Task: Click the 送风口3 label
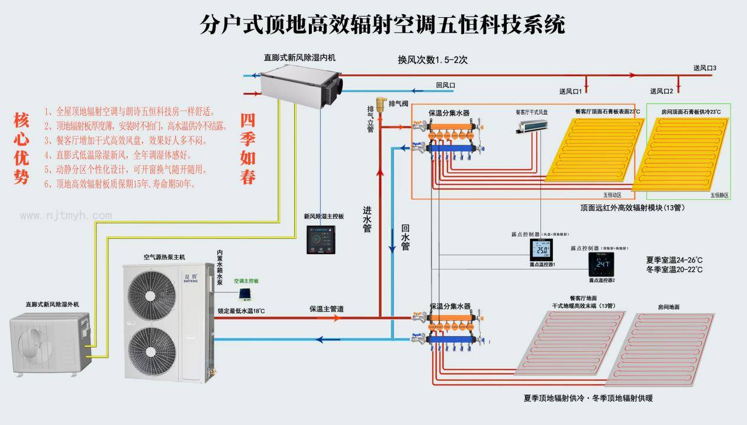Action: click(x=705, y=69)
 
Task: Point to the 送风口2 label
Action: click(x=662, y=91)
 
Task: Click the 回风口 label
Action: click(x=445, y=85)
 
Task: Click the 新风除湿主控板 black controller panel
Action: click(x=321, y=239)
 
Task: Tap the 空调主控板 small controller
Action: click(x=244, y=293)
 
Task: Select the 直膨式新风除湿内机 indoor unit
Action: click(x=300, y=83)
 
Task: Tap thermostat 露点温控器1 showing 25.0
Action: click(x=541, y=251)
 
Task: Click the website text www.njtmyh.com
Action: click(x=66, y=216)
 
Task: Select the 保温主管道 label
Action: click(x=327, y=309)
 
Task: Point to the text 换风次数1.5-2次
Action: click(x=433, y=60)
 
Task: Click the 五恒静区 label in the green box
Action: click(x=719, y=195)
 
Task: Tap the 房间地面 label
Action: click(x=668, y=307)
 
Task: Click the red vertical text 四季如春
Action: click(x=247, y=148)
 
